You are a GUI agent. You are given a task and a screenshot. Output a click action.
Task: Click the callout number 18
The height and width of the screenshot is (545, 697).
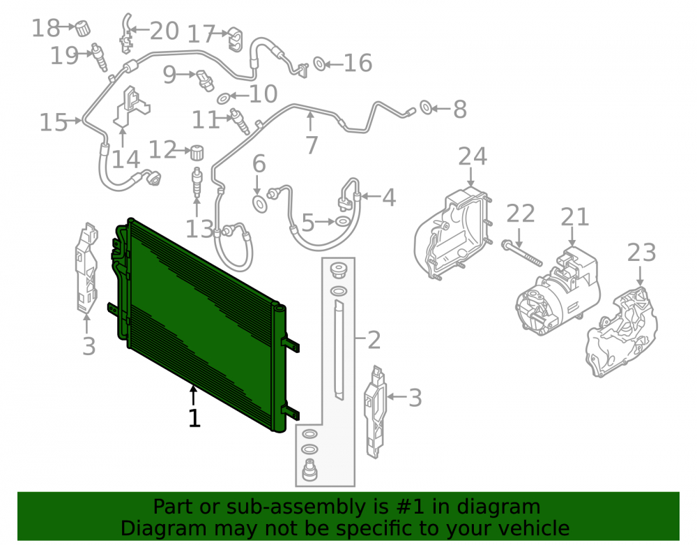coord(45,28)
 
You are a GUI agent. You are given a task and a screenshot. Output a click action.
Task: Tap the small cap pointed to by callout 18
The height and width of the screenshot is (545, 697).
coord(82,28)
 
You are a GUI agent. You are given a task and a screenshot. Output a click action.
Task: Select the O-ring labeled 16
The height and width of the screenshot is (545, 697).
coord(319,64)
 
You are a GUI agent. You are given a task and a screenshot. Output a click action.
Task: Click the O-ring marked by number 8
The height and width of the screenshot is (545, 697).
coord(425,107)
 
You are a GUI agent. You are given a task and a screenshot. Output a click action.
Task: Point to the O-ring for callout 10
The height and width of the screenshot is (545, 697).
coord(224,98)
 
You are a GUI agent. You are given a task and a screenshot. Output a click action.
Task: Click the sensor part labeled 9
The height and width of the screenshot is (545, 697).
coord(205,80)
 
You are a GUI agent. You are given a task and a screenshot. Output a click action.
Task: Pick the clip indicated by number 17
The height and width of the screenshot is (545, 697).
coord(236,38)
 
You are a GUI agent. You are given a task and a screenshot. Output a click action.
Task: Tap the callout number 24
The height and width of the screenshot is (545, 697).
coord(473,156)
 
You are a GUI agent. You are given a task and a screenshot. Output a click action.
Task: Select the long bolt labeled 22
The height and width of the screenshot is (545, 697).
coord(521,253)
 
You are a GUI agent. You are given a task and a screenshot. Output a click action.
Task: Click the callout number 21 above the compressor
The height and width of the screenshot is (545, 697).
coord(574,217)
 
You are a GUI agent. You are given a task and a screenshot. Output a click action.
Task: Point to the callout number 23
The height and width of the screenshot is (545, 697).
coord(641,252)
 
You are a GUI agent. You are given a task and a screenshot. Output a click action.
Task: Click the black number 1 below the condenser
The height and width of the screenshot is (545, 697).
coord(194,418)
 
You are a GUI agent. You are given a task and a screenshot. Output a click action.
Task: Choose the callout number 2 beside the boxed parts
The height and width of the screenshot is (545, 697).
coord(374,340)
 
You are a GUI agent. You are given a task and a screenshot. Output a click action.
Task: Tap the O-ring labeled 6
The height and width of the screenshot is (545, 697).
coord(260,204)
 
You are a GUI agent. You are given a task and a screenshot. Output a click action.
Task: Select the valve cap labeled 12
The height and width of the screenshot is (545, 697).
coord(197,152)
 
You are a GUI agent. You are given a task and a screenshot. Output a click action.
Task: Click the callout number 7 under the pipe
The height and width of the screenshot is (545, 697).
coord(312,144)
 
